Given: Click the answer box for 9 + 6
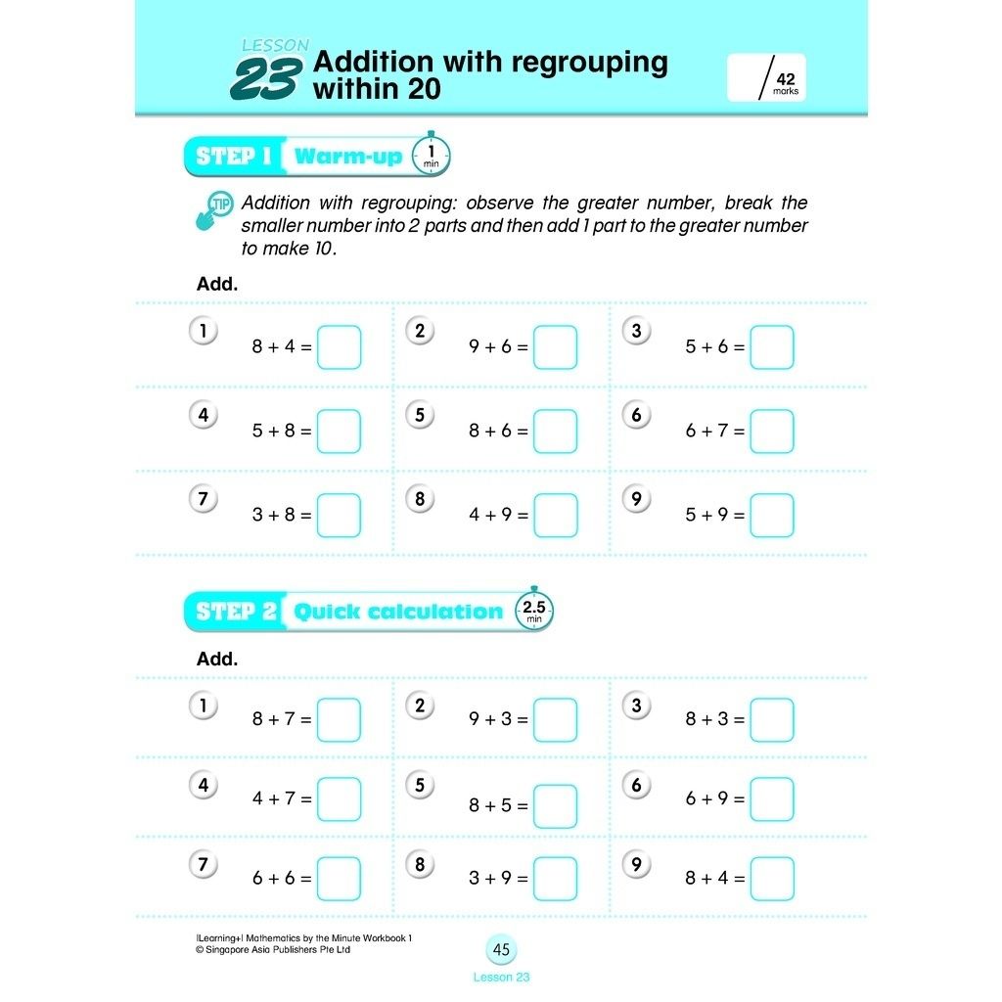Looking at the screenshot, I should click(555, 347).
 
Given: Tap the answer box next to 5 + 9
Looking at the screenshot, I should click(771, 516).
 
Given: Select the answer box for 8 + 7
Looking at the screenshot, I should click(339, 719).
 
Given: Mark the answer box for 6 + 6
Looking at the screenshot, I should click(339, 879).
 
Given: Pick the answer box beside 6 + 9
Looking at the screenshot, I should click(771, 799).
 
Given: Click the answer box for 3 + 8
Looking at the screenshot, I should click(339, 516).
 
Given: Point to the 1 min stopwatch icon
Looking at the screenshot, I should click(432, 155).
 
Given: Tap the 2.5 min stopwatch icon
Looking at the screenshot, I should click(534, 611).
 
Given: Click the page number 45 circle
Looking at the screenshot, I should click(501, 949).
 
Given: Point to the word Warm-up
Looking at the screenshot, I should click(347, 157).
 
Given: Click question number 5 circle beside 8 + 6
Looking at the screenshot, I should click(420, 415).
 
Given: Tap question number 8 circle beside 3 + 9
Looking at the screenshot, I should click(420, 864).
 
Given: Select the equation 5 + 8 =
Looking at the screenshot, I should click(281, 431).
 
